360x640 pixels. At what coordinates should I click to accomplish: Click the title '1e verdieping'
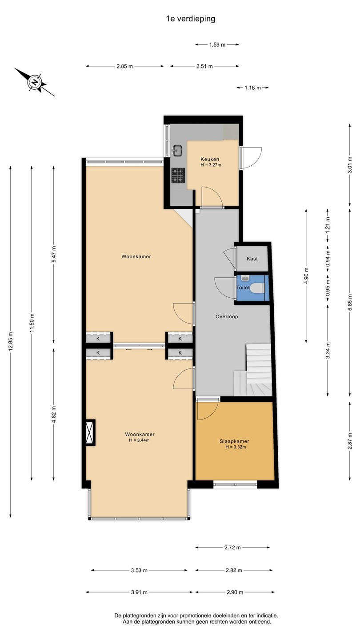click(x=191, y=19)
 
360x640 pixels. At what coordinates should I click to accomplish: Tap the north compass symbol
click(x=35, y=82)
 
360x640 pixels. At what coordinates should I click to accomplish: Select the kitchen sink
click(x=177, y=150)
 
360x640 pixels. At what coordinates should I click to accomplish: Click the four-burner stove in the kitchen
click(x=178, y=176)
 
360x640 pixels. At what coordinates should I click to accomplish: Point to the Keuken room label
click(x=210, y=159)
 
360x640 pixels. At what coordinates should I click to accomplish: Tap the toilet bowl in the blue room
click(x=257, y=288)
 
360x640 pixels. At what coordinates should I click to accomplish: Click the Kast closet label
click(x=252, y=259)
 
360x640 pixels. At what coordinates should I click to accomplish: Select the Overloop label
click(x=227, y=316)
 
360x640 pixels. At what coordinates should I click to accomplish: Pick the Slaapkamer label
click(x=234, y=441)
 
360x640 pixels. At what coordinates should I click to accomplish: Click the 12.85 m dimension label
click(x=11, y=341)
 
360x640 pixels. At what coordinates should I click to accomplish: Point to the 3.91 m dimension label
click(x=139, y=592)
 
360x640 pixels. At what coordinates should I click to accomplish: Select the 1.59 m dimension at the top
click(x=217, y=44)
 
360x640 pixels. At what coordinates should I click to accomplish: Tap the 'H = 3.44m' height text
click(x=139, y=440)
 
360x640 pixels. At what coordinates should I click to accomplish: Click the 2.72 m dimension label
click(x=232, y=548)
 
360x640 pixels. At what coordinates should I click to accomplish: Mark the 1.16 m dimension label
click(x=252, y=88)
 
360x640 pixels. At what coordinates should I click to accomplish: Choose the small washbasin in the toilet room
click(x=245, y=278)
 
